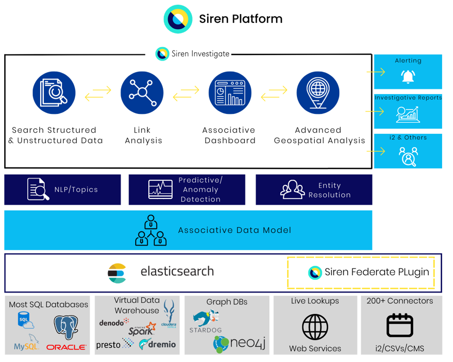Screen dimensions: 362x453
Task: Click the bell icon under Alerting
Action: [408, 77]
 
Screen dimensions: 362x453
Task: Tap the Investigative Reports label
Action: [408, 98]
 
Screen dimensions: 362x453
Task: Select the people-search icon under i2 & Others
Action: [408, 156]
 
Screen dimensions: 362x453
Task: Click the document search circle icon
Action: [54, 93]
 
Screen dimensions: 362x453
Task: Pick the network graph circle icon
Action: [142, 93]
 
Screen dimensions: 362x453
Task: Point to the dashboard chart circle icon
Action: [230, 93]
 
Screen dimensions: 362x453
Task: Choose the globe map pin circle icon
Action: [318, 93]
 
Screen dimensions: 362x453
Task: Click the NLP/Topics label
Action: [76, 190]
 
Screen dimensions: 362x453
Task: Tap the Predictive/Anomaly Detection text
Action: [200, 190]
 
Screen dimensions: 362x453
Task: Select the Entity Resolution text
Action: [329, 190]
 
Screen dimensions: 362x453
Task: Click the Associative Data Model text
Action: [234, 230]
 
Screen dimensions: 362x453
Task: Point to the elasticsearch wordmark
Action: [177, 272]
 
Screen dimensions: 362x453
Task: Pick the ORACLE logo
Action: [66, 347]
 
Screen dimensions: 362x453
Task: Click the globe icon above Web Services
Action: [315, 327]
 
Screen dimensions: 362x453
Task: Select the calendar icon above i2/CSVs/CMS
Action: [400, 325]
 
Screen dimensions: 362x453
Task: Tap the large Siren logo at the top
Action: [178, 19]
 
